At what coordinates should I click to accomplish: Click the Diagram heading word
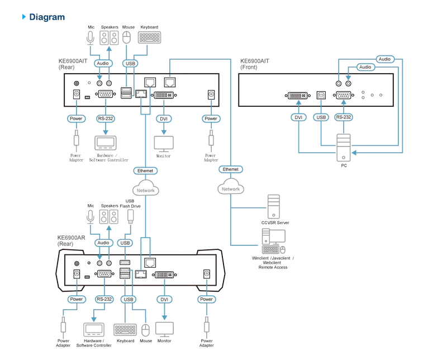47,17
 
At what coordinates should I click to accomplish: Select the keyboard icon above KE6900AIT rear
149,37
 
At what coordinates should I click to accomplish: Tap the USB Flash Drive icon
130,217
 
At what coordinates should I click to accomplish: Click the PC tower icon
344,148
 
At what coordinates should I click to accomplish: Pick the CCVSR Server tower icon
274,206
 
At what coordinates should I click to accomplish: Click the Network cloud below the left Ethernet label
145,188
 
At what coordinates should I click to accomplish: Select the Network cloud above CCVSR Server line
231,187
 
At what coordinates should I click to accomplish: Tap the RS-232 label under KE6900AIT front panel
343,117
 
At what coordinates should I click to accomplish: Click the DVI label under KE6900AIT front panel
298,117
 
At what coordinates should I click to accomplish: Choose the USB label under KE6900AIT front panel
321,117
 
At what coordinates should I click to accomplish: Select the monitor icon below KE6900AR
164,330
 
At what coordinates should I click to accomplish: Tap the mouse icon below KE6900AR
145,330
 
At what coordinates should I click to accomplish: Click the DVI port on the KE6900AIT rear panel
164,95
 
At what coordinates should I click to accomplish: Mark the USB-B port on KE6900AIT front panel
321,95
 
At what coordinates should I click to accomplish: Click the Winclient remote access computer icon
274,241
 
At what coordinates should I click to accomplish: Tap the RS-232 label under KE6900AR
104,299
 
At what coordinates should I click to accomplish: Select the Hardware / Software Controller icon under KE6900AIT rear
106,143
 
